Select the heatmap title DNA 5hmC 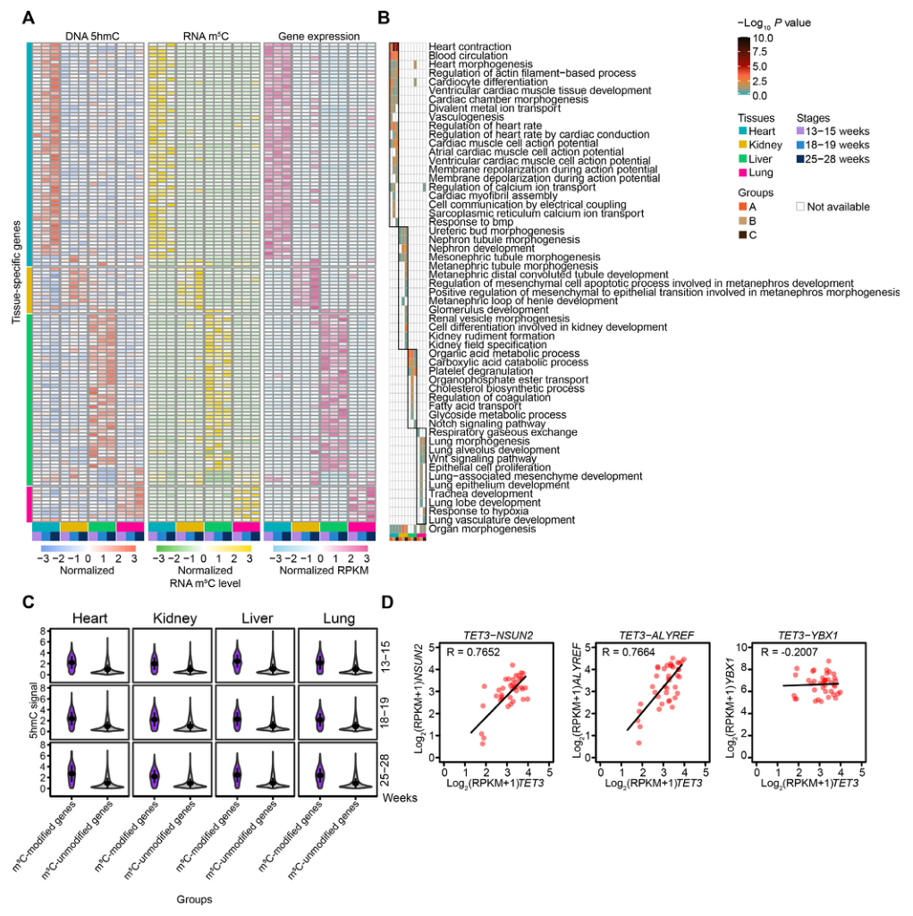91,37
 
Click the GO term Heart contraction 469,47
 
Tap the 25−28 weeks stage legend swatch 801,158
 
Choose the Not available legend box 801,207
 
